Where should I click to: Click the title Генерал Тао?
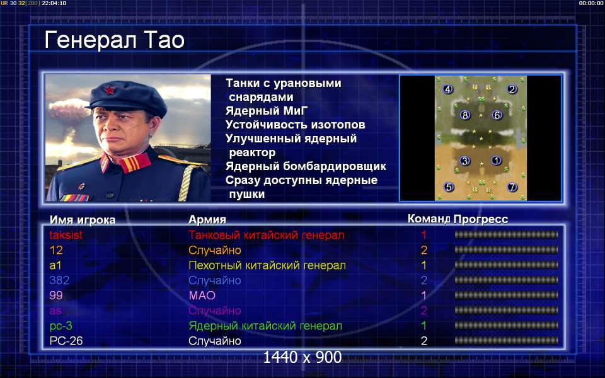point(115,40)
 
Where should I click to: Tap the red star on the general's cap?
point(110,90)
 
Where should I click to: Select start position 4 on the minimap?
point(447,89)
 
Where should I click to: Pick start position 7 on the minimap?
point(512,187)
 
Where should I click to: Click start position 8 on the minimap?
point(465,115)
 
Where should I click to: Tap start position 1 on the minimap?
point(496,161)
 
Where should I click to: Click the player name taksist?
point(66,235)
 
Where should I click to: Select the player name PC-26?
point(66,341)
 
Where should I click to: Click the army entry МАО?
point(202,295)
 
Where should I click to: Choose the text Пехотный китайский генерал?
point(267,265)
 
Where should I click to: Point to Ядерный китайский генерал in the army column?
point(265,326)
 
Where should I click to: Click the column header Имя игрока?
point(83,220)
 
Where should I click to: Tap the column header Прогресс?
point(481,219)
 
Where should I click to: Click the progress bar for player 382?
point(506,280)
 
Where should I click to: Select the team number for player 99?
point(423,295)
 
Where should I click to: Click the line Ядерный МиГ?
point(267,111)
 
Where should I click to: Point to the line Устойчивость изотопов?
point(295,125)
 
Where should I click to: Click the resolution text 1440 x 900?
point(302,357)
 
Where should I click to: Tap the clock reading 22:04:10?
point(54,3)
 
